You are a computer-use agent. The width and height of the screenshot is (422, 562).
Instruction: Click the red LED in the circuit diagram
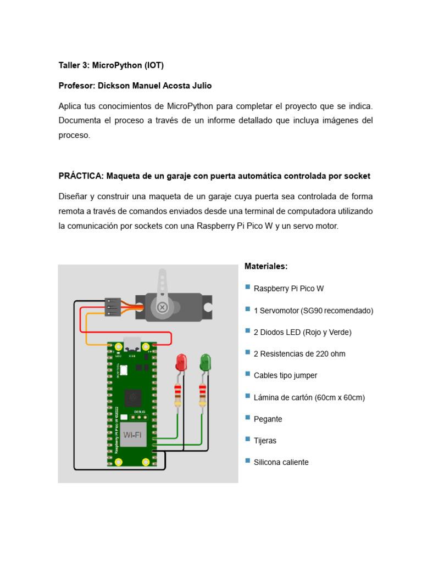pyautogui.click(x=181, y=362)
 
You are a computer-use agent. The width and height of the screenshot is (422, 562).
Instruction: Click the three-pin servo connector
pyautogui.click(x=112, y=307)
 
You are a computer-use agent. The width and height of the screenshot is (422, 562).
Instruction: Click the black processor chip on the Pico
pyautogui.click(x=134, y=397)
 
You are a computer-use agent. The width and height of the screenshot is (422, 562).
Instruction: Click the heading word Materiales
pyautogui.click(x=265, y=266)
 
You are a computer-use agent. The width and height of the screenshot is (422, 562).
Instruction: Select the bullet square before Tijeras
pyautogui.click(x=248, y=440)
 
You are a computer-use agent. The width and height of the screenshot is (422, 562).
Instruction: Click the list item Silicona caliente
pyautogui.click(x=281, y=462)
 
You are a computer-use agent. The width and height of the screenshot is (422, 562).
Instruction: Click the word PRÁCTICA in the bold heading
pyautogui.click(x=81, y=176)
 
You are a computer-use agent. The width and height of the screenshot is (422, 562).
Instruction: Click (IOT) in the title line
pyautogui.click(x=154, y=65)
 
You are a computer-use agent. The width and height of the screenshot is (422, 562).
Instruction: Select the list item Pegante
pyautogui.click(x=268, y=419)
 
